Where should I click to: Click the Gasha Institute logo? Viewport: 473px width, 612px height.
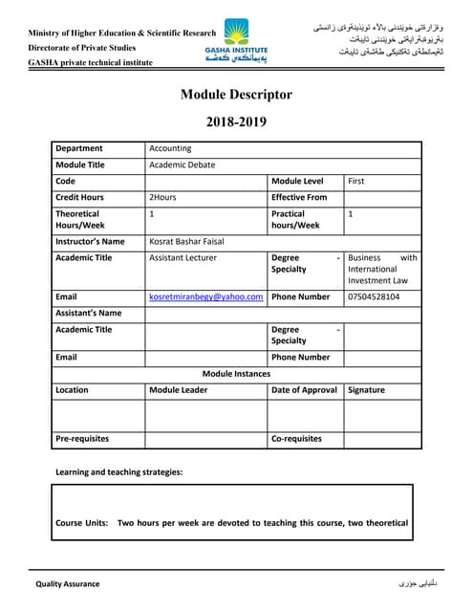tap(236, 41)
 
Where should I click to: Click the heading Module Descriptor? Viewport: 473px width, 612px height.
tap(236, 95)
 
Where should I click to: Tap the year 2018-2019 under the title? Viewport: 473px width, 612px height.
tap(236, 122)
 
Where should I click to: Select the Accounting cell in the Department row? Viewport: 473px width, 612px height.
tap(171, 148)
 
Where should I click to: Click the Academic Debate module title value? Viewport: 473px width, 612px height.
tap(183, 164)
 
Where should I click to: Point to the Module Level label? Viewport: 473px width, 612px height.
tap(298, 181)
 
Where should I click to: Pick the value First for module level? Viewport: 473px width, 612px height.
tap(356, 181)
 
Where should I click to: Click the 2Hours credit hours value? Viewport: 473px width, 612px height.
tap(163, 197)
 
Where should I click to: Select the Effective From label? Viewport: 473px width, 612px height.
tap(299, 197)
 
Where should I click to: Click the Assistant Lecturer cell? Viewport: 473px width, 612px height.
tap(183, 258)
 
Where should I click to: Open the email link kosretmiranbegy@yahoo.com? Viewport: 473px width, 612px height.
tap(205, 297)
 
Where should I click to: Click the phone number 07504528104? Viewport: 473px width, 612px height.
tap(375, 297)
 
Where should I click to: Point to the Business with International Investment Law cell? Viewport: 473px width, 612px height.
tap(382, 270)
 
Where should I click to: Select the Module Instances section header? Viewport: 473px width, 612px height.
tap(235, 373)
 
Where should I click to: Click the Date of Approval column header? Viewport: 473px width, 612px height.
tap(304, 390)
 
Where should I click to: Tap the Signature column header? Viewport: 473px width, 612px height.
tap(367, 390)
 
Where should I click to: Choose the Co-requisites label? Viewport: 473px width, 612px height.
tap(296, 439)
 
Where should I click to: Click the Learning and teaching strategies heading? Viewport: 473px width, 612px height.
tap(118, 472)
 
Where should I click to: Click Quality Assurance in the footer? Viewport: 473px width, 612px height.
tap(68, 583)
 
